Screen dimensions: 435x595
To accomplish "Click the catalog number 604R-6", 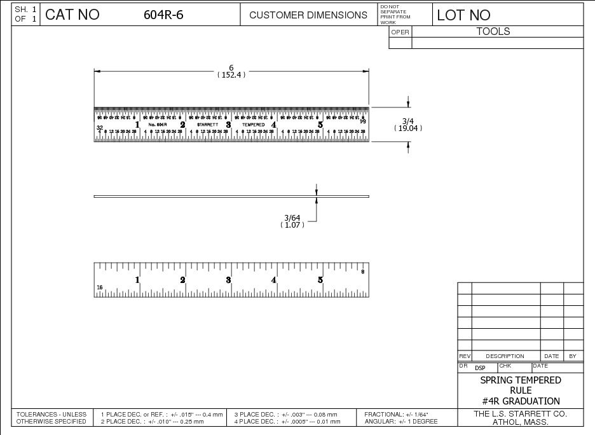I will tap(163, 15).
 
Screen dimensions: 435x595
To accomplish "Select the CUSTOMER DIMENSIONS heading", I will tap(308, 15).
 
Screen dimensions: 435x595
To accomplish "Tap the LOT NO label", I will tap(464, 15).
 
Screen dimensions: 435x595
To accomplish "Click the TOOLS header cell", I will tap(493, 31).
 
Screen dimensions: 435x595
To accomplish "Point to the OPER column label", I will tap(400, 32).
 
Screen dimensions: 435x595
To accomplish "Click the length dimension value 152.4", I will tap(231, 74).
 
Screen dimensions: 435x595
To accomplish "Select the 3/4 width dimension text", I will tap(407, 121).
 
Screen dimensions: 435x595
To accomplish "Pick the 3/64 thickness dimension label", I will tap(292, 217).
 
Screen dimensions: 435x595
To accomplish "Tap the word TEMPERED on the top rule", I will tap(253, 125).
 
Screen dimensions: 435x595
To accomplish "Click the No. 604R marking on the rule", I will tap(157, 125).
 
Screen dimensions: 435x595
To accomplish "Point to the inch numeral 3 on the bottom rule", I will tap(228, 280).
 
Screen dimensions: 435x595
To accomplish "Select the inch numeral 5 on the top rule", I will tap(320, 125).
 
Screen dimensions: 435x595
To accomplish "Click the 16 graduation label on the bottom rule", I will tap(100, 288).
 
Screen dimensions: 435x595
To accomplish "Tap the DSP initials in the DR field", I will tap(480, 368).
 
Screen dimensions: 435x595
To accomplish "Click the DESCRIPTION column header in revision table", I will tap(505, 356).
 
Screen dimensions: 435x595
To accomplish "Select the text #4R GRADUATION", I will tap(521, 401).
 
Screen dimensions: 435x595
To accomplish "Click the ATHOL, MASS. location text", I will tap(521, 422).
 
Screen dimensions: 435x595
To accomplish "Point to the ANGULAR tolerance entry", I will tap(400, 422).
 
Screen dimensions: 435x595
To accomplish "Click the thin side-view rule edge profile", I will tap(231, 197).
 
